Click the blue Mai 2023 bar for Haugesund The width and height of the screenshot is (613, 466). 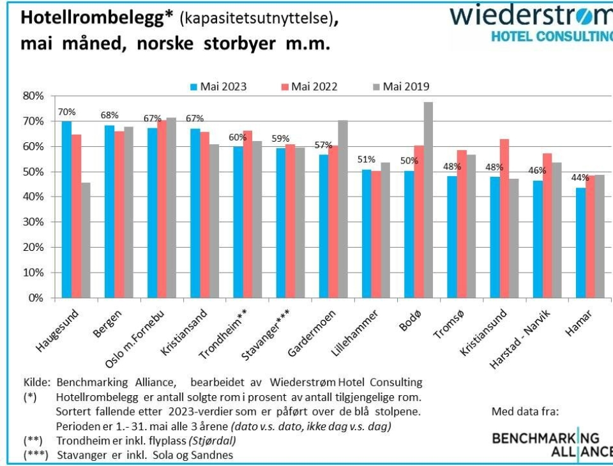point(66,209)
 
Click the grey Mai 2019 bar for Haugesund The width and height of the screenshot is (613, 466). point(86,240)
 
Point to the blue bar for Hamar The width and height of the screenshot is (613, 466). point(580,243)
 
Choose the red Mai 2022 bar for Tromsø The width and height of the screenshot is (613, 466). point(462,224)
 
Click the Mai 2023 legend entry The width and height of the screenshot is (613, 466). point(218,86)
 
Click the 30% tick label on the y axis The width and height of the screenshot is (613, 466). point(33,222)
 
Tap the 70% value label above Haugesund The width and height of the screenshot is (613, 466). point(66,112)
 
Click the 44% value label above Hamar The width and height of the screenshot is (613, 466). point(580,178)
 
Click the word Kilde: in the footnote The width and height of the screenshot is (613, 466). point(38,383)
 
